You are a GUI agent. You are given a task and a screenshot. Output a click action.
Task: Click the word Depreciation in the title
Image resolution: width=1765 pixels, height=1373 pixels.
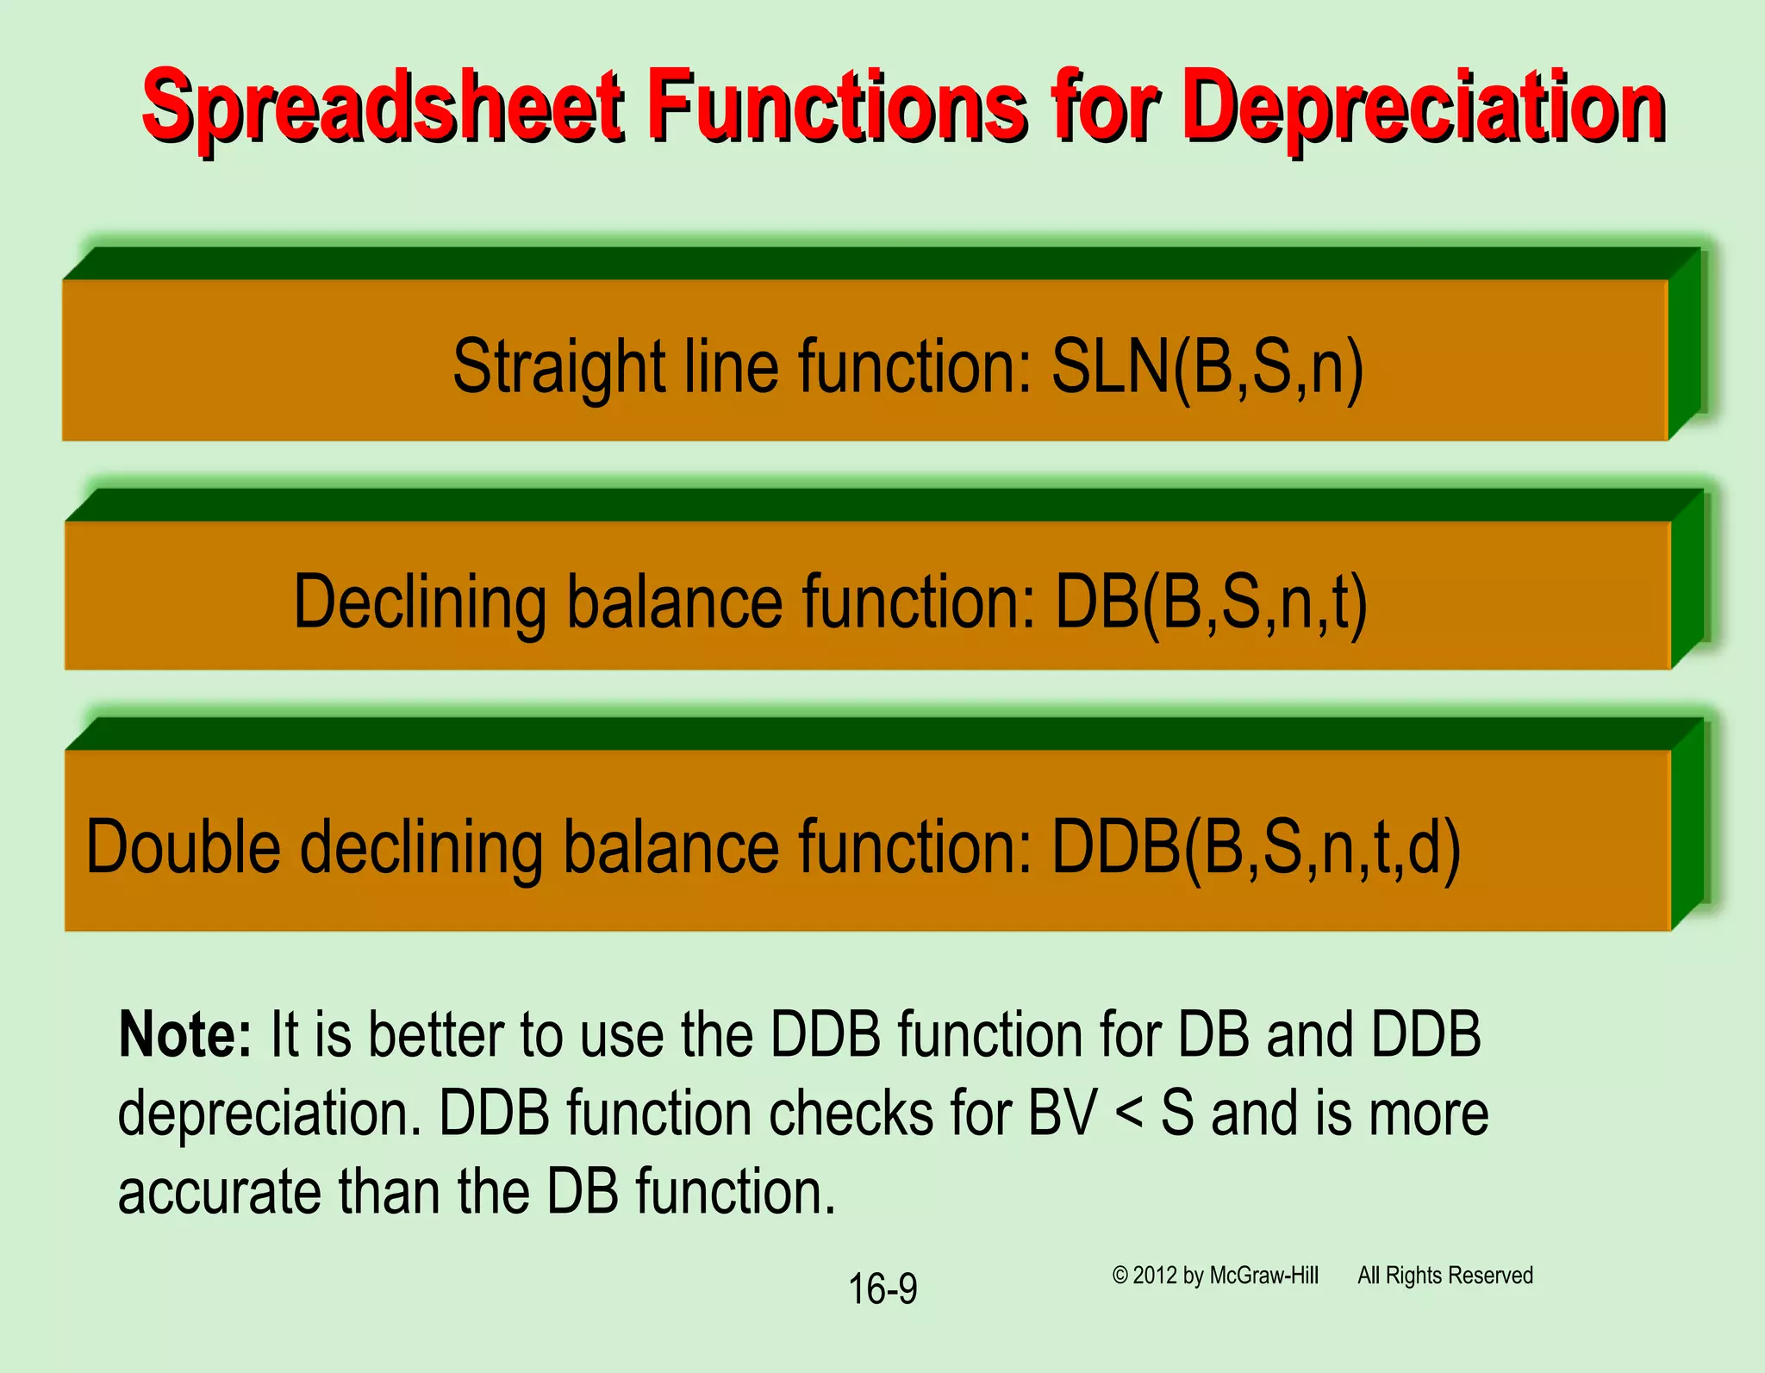click(x=1422, y=108)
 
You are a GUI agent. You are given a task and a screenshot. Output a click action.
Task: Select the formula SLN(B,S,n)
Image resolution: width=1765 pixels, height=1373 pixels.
click(x=1207, y=366)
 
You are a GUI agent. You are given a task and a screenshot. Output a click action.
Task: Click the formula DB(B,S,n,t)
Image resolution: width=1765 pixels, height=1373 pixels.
click(x=1211, y=602)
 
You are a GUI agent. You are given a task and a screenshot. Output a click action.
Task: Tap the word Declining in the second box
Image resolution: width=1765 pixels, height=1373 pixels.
click(x=420, y=602)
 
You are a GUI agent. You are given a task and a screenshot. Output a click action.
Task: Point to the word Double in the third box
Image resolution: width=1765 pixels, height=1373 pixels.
click(x=183, y=847)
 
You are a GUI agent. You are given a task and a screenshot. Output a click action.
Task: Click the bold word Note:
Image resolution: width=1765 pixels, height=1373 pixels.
click(x=184, y=1034)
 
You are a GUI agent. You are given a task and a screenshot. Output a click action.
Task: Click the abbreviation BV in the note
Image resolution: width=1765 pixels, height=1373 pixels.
click(x=1063, y=1114)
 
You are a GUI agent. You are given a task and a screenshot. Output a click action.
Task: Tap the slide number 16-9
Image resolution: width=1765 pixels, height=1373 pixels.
click(x=882, y=1289)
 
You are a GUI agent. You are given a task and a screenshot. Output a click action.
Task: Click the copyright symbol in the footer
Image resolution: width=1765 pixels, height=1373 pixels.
click(x=1119, y=1276)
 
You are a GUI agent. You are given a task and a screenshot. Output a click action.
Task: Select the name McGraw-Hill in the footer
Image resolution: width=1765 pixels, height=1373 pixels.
click(x=1263, y=1276)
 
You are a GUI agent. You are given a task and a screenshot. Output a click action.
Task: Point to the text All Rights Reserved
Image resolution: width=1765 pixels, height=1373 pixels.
click(x=1445, y=1276)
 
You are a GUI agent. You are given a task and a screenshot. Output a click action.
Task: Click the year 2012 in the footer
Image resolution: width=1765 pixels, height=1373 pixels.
click(x=1155, y=1276)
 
